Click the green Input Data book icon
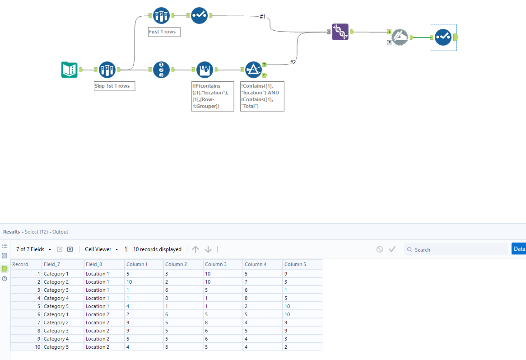click(x=69, y=70)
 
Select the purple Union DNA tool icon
click(x=340, y=32)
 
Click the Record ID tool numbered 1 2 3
click(x=161, y=70)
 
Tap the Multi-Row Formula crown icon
click(x=205, y=70)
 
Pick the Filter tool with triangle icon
click(x=253, y=70)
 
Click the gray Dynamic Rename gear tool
click(x=400, y=37)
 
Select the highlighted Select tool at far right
click(x=443, y=37)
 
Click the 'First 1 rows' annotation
click(x=164, y=32)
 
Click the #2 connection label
click(x=293, y=62)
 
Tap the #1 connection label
click(x=262, y=17)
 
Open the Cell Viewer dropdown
click(x=101, y=249)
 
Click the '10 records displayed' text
click(x=157, y=249)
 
